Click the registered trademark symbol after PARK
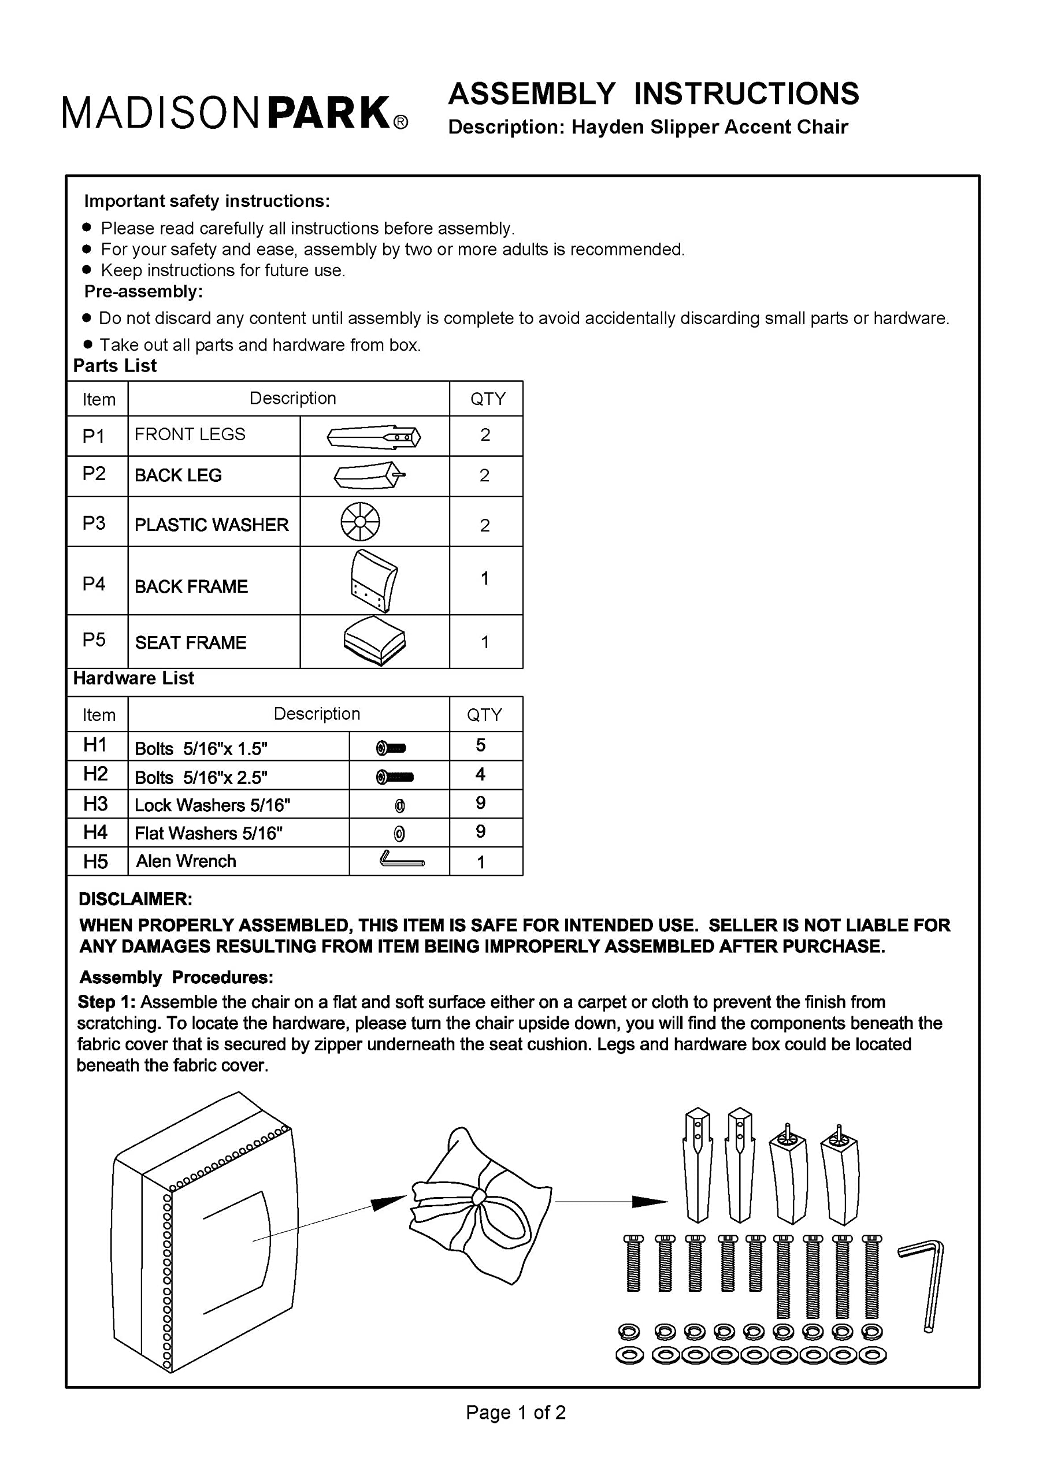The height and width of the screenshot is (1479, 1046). point(400,123)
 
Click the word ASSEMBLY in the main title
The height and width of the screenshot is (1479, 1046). point(532,94)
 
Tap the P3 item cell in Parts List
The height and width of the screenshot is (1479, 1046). point(94,522)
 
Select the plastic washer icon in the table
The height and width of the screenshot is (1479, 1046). point(359,521)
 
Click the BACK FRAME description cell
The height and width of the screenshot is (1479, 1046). point(191,586)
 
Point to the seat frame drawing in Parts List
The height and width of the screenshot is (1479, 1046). point(374,641)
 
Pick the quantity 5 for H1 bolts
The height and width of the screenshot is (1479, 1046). point(481,745)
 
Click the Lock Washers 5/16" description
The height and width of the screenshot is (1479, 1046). point(212,805)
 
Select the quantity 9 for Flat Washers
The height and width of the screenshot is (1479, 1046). point(481,831)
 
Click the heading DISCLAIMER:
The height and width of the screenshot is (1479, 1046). point(135,900)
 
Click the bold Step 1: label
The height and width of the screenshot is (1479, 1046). point(106,1002)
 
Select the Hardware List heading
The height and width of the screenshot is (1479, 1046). point(133,678)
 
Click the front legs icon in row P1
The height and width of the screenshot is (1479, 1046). point(374,437)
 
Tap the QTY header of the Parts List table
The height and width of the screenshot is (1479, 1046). point(487,399)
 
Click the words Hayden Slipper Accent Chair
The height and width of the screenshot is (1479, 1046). point(709,127)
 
